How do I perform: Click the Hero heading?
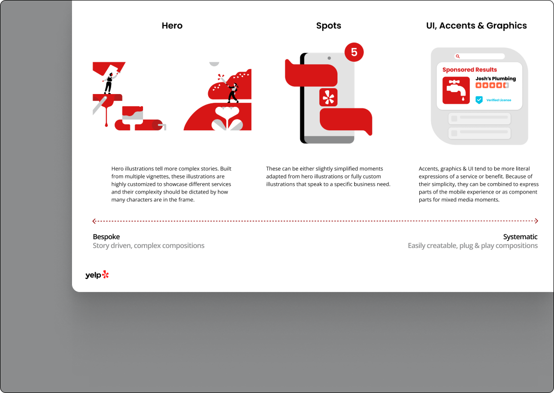172,25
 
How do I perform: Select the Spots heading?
329,26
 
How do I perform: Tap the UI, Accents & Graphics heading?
476,26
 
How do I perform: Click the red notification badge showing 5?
354,52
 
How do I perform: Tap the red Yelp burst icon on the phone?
329,98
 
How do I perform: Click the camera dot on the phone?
329,58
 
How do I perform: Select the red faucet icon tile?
456,90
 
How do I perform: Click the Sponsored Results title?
470,70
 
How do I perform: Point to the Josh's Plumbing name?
495,78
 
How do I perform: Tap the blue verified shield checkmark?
479,100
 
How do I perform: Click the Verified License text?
499,100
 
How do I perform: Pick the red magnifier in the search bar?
458,56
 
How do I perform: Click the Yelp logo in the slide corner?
97,274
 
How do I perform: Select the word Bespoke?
106,237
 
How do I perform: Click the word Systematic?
520,237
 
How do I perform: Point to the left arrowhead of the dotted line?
94,221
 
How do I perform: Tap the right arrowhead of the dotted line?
536,221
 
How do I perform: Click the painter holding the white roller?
109,82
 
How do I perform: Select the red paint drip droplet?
106,124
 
